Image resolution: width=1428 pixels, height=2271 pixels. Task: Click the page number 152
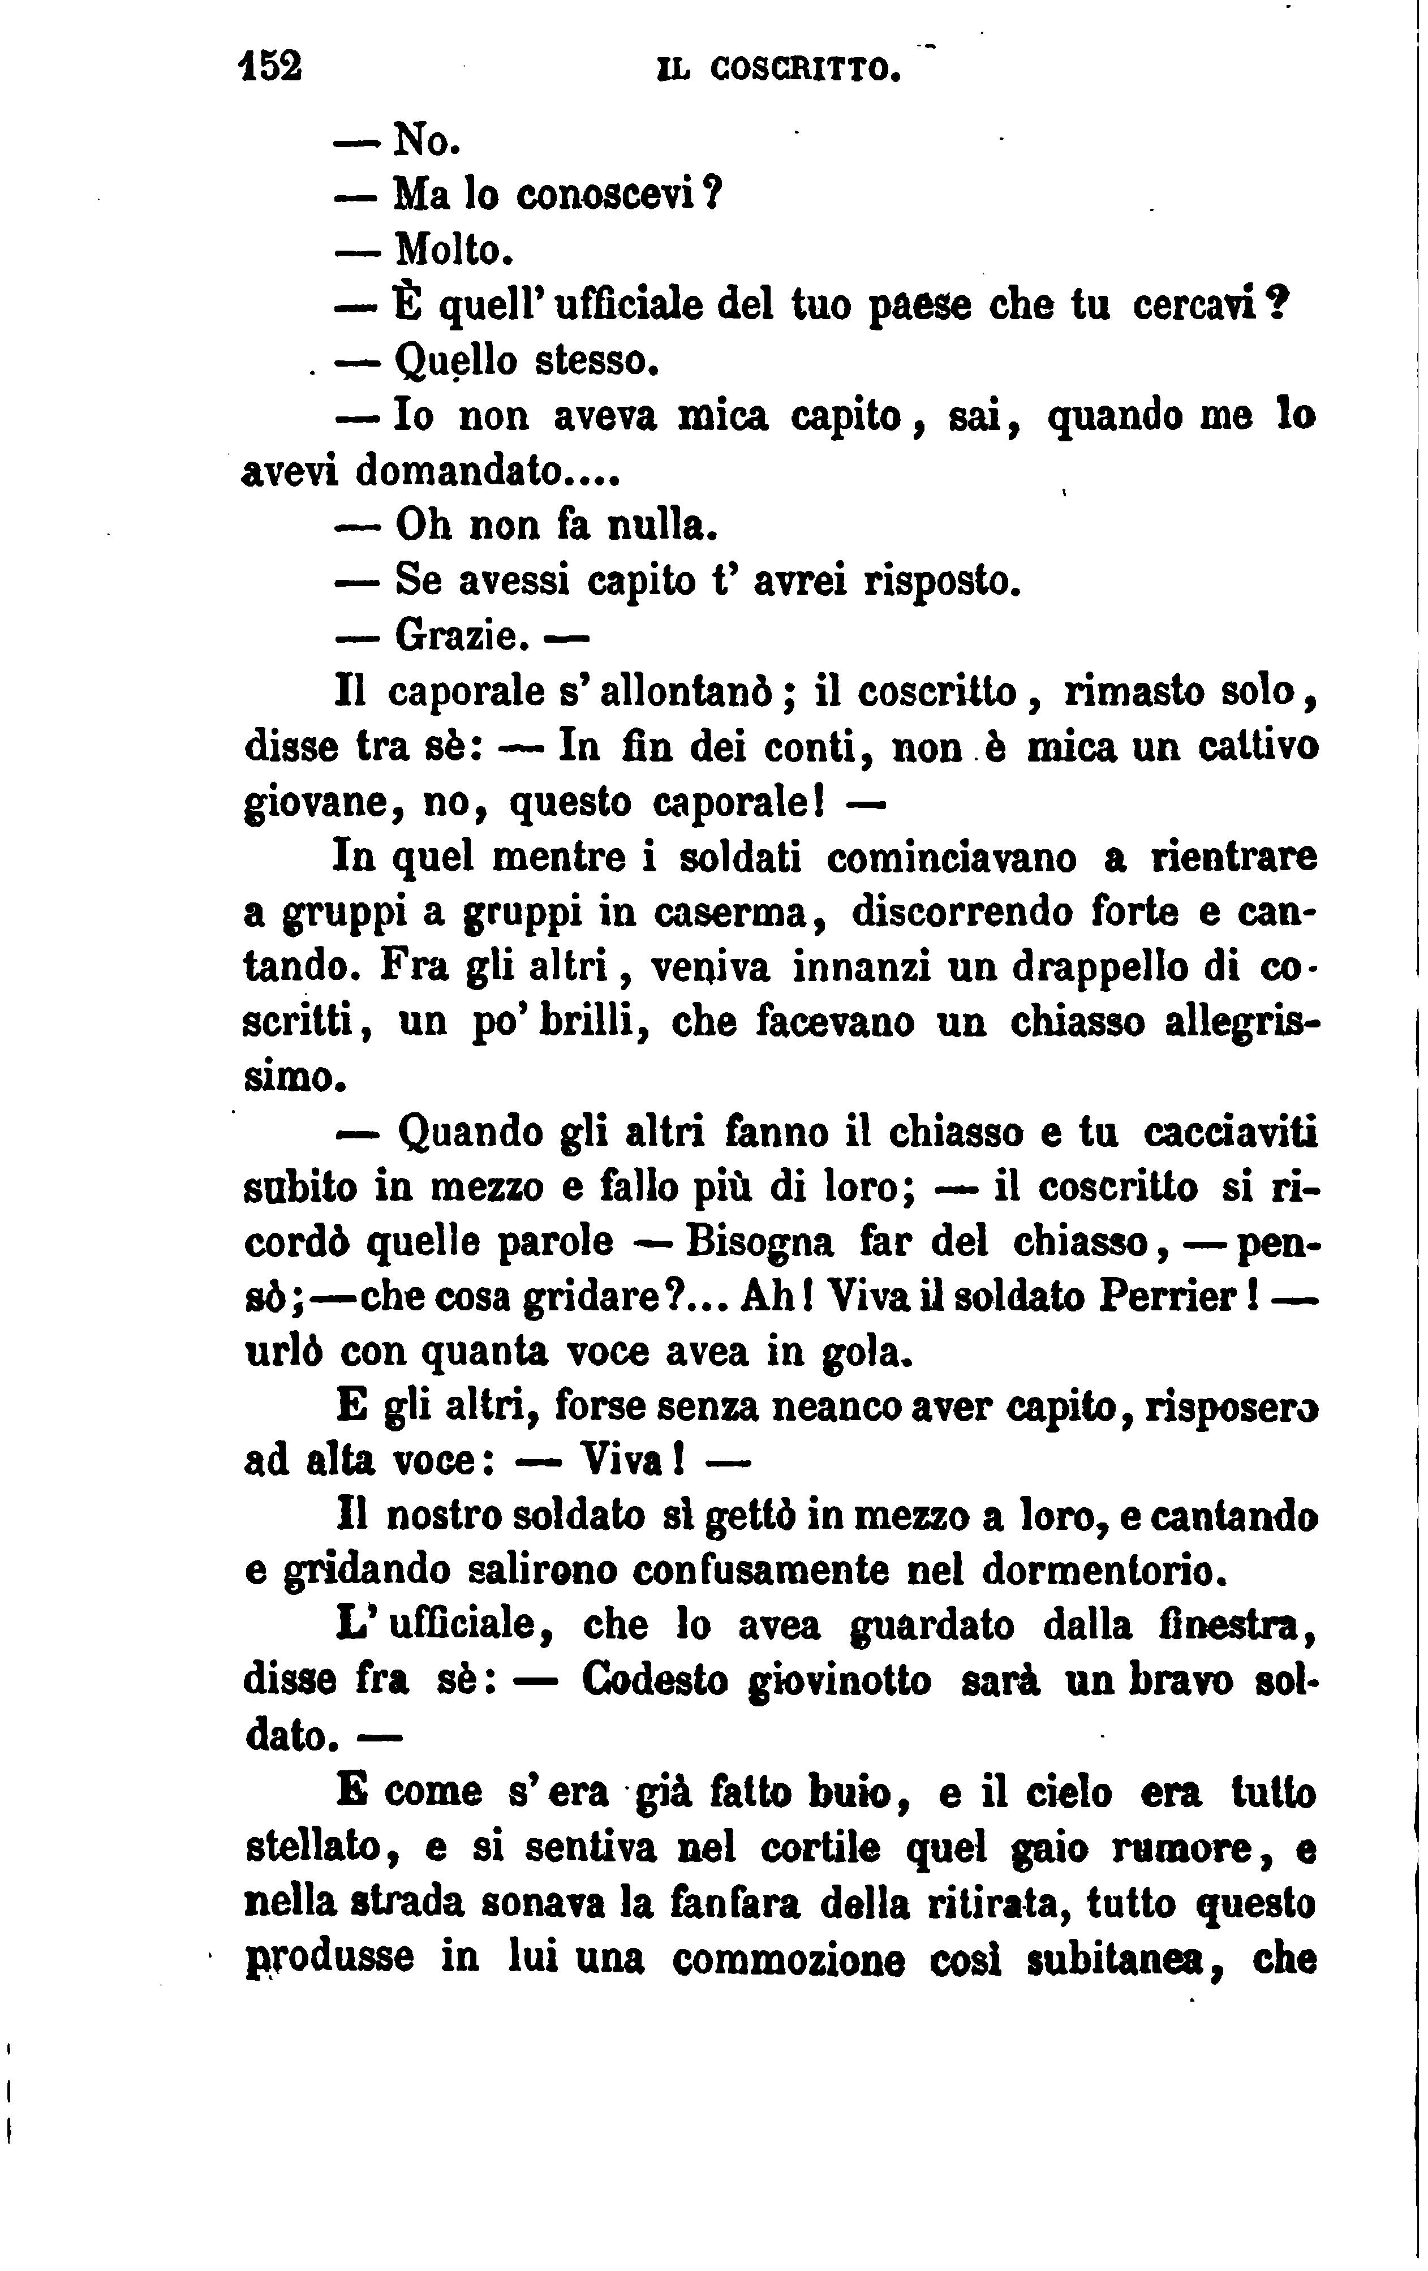(x=270, y=67)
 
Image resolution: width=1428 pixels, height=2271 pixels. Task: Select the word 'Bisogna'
(x=760, y=1243)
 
